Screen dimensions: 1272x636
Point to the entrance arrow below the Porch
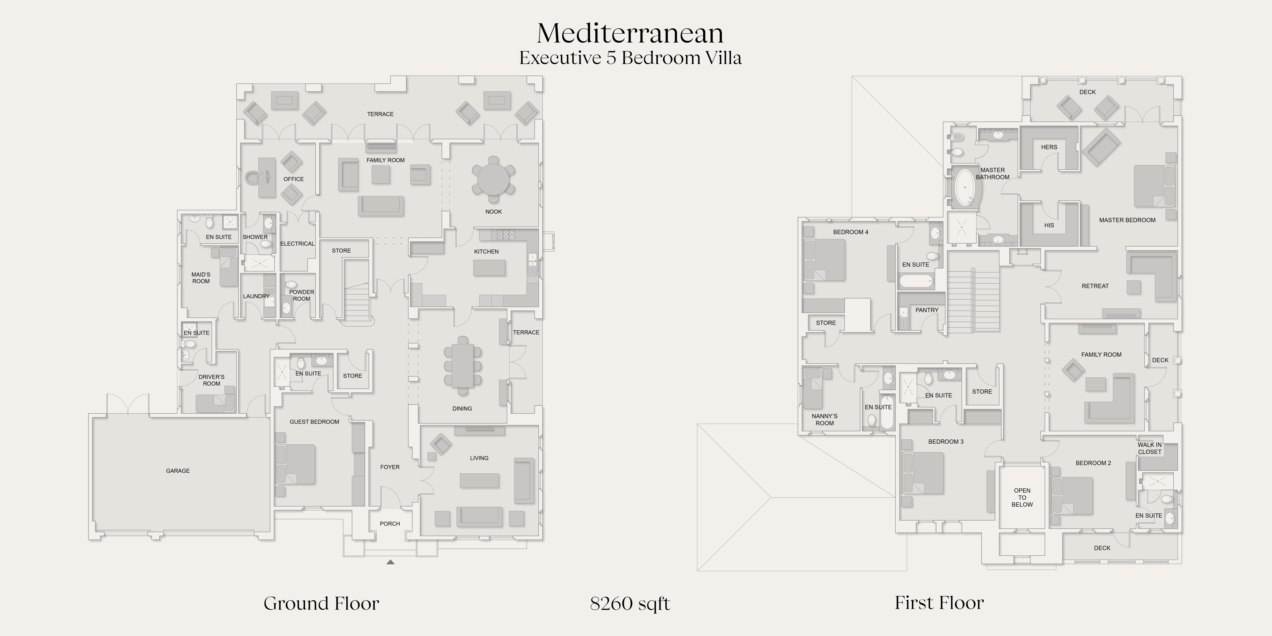click(390, 562)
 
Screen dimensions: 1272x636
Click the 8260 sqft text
click(630, 603)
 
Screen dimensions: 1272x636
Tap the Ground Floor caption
click(321, 603)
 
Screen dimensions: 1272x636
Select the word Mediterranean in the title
click(630, 33)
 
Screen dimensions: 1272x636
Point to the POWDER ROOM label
click(302, 295)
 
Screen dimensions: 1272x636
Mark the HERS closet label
click(1049, 147)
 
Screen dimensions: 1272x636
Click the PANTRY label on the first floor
click(927, 310)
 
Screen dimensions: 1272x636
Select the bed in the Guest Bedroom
click(295, 464)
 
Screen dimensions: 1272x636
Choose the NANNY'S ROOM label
click(825, 420)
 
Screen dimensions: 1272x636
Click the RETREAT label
click(1095, 286)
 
